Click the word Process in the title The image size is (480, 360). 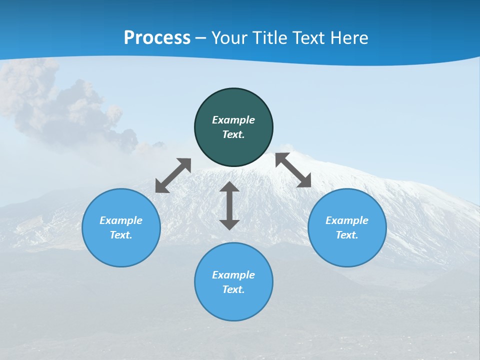(157, 38)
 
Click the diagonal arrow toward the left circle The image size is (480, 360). (173, 175)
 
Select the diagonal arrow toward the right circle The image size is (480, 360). (293, 170)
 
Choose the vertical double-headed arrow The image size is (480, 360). (229, 206)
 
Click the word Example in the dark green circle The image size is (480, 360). (233, 120)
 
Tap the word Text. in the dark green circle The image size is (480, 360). (233, 134)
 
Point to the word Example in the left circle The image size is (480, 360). (121, 220)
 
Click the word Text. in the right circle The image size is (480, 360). (347, 235)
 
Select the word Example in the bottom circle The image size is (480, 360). (233, 275)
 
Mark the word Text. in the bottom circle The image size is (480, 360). (233, 289)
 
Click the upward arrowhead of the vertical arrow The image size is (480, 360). (229, 187)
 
